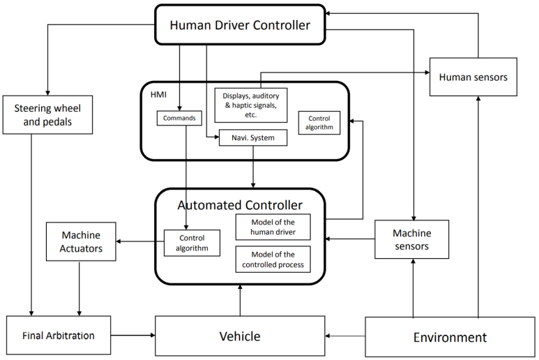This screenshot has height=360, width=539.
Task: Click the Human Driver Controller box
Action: (240, 24)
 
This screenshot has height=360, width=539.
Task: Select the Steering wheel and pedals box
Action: (47, 115)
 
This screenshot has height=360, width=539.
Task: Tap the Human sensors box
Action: (473, 77)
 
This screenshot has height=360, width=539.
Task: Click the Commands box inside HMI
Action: (179, 119)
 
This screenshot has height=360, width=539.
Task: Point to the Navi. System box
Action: (253, 138)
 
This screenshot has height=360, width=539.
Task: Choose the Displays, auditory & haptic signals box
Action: (251, 105)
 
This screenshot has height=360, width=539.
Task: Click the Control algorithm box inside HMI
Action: (319, 123)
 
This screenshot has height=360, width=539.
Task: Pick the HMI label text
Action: (158, 95)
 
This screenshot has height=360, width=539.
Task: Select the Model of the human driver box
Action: (273, 227)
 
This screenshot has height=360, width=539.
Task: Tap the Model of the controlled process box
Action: (273, 260)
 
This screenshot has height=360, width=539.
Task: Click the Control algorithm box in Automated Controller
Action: (192, 243)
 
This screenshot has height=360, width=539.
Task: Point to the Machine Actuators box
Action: (81, 241)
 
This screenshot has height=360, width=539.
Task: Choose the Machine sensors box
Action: (411, 239)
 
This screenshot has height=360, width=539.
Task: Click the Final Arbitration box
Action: (59, 336)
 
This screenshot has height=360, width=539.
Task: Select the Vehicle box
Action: (240, 336)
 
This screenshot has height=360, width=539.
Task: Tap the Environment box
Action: (450, 337)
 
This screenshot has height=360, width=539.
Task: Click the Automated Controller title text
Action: (240, 205)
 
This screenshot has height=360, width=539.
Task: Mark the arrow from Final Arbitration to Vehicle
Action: (133, 336)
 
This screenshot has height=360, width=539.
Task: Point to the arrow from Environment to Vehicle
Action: (345, 336)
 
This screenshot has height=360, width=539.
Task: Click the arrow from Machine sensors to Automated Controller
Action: (350, 239)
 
